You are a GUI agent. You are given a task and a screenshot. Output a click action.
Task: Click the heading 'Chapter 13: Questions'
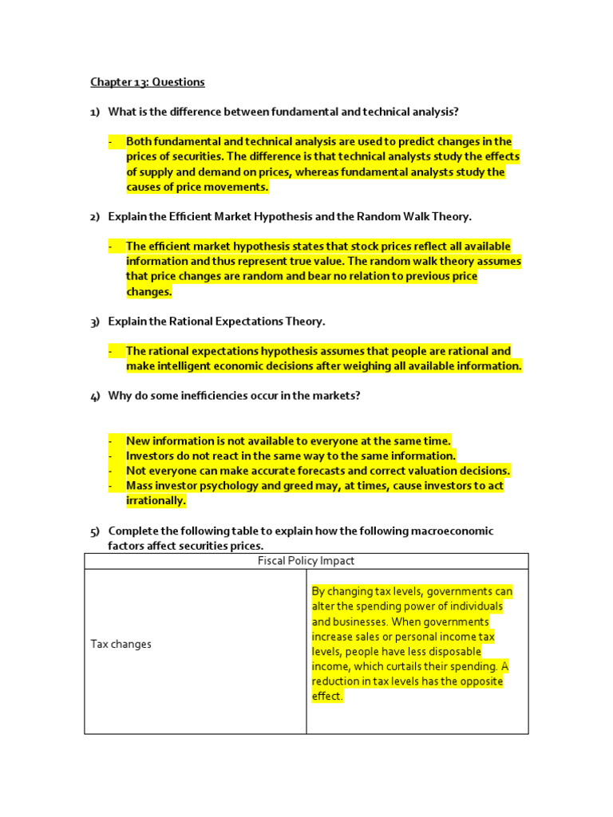147,82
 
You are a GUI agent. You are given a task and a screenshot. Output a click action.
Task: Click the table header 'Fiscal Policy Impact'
306,561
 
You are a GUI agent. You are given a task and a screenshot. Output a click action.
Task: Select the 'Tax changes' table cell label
121,644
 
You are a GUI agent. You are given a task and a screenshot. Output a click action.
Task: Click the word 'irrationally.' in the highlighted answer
156,501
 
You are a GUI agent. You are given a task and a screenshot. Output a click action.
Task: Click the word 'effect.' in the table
327,697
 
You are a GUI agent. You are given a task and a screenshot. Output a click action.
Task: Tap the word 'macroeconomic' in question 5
454,531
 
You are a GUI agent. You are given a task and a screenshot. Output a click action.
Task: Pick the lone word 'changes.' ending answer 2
148,292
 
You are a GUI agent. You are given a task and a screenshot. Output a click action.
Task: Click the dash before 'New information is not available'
111,440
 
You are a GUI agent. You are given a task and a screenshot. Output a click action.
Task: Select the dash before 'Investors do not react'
111,456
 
